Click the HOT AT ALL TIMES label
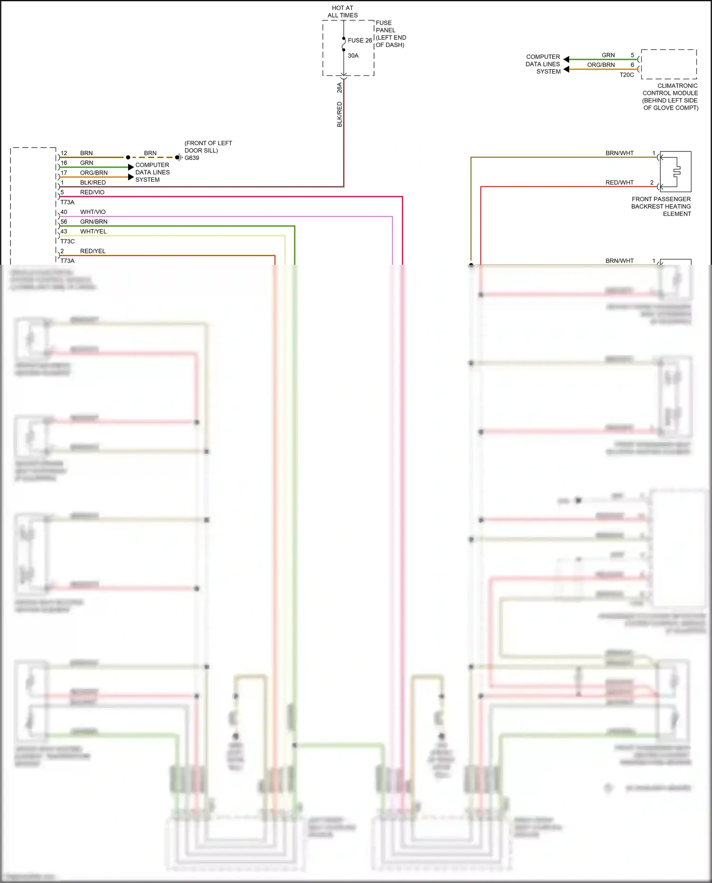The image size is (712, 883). (x=342, y=11)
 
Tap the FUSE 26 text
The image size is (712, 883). (x=359, y=40)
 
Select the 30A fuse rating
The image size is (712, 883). (x=353, y=56)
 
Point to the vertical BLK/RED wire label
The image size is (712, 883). (x=339, y=114)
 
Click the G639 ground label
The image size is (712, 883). (x=192, y=158)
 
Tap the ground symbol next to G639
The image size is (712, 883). (x=179, y=158)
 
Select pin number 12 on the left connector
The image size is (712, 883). (x=64, y=153)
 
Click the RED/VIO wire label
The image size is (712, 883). (x=92, y=192)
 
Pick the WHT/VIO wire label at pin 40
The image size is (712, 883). (x=93, y=212)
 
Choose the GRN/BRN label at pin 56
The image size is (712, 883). (x=94, y=222)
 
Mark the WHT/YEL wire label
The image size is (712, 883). (x=93, y=232)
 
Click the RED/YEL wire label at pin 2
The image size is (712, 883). (x=93, y=251)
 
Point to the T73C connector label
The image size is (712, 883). (x=67, y=242)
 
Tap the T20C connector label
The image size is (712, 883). (x=627, y=75)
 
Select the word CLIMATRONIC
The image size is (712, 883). (x=677, y=86)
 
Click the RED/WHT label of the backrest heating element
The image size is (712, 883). (x=619, y=183)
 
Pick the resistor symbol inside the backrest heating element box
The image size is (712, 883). (x=677, y=170)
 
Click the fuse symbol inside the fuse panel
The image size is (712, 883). (x=344, y=44)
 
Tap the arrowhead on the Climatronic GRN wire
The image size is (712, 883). (x=566, y=59)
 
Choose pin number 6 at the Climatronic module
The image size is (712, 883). (x=632, y=65)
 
